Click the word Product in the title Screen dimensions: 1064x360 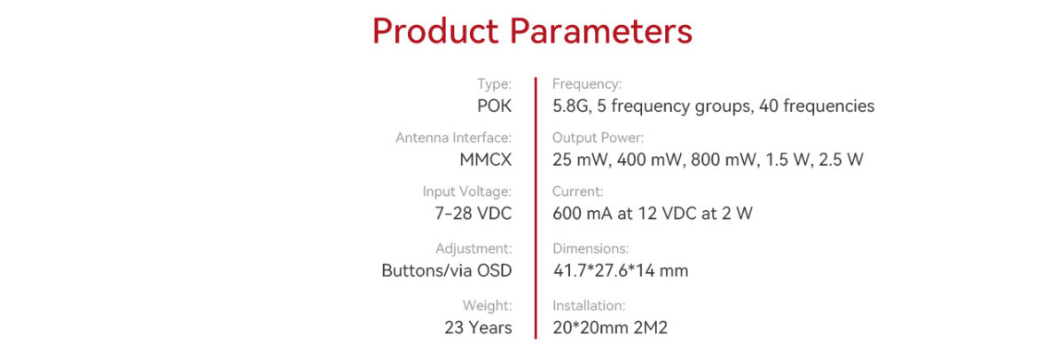(x=435, y=31)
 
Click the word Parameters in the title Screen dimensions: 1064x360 (x=601, y=31)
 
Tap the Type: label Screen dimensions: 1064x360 (x=495, y=83)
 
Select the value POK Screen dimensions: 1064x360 (x=495, y=106)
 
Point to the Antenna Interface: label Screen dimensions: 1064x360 (x=454, y=137)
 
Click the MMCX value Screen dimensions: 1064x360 (x=486, y=160)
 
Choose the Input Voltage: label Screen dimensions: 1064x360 (x=467, y=192)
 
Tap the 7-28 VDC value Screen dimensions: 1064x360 (x=473, y=213)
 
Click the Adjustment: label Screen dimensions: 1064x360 (x=473, y=248)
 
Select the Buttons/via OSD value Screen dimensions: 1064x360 (x=447, y=270)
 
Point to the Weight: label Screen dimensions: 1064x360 (x=488, y=305)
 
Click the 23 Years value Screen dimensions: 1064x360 (x=478, y=327)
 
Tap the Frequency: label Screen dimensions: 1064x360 (x=587, y=83)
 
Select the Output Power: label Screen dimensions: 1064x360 (x=598, y=137)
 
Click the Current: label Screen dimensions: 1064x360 (x=577, y=192)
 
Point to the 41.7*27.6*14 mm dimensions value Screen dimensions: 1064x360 (x=621, y=270)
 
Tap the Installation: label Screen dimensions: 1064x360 (x=589, y=305)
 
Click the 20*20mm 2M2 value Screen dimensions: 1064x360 (x=610, y=327)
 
